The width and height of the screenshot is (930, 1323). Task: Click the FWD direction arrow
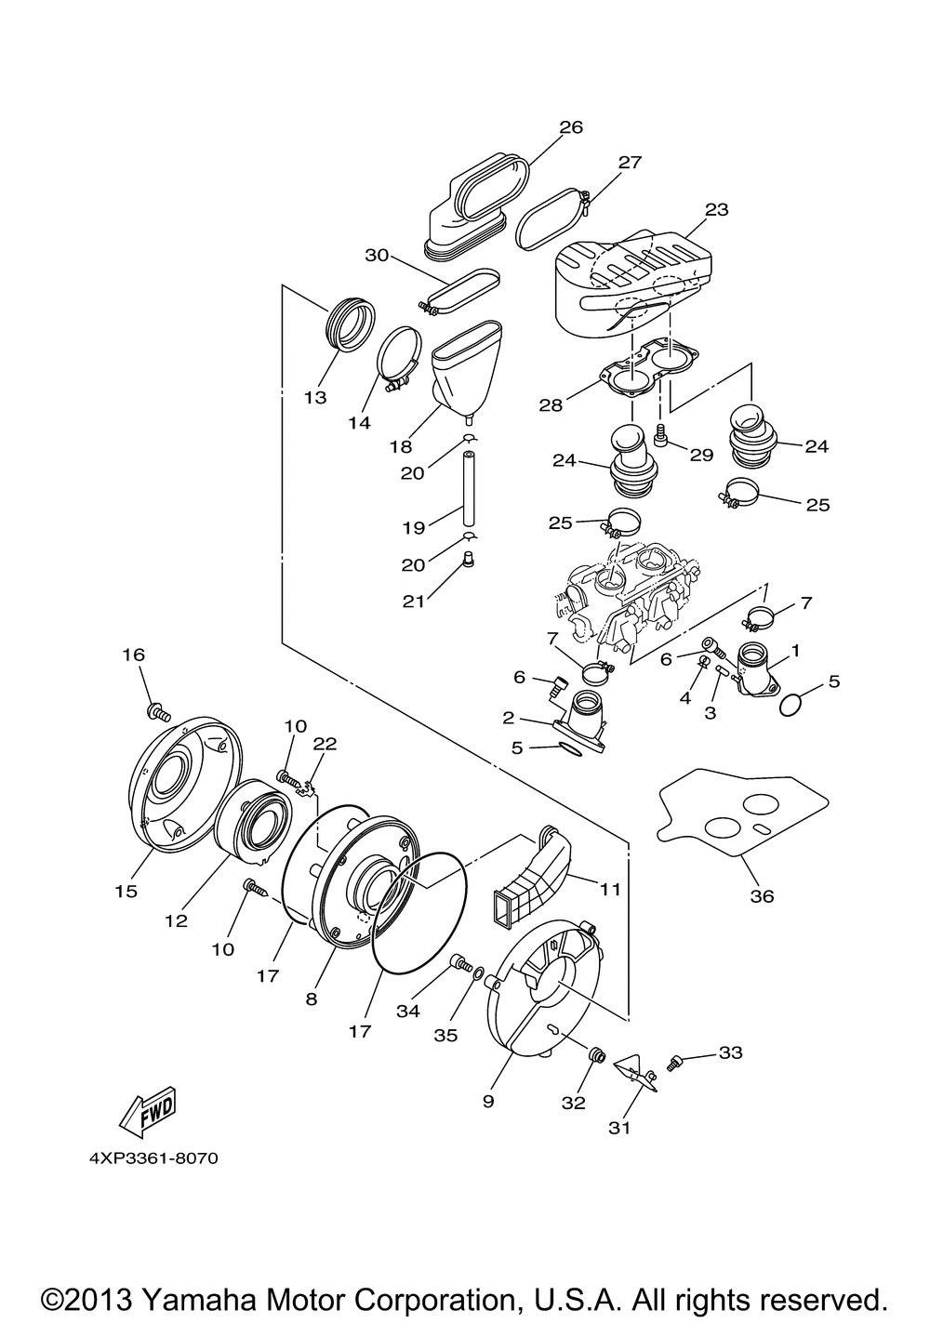(148, 1110)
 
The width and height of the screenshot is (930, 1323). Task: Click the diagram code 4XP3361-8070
(153, 1158)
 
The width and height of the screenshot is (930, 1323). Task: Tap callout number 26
(571, 127)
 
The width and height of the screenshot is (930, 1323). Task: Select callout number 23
(717, 209)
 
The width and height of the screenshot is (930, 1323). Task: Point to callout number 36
(762, 896)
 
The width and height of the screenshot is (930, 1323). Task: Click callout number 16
(134, 655)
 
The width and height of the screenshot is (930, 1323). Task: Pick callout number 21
(414, 602)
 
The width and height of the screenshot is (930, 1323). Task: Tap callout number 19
(414, 527)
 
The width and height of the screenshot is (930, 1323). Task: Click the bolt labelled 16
(158, 711)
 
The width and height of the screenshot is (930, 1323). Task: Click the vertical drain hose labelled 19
(468, 488)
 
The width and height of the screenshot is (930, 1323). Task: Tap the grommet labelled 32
(595, 1055)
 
